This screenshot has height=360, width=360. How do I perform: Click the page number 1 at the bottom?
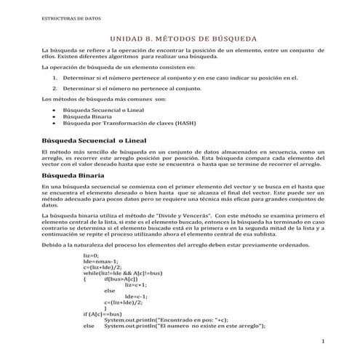pyautogui.click(x=321, y=340)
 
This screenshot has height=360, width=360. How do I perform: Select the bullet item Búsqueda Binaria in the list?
pyautogui.click(x=88, y=116)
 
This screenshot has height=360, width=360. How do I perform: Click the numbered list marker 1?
pyautogui.click(x=56, y=76)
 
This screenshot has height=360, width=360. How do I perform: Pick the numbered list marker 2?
pyautogui.click(x=56, y=87)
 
